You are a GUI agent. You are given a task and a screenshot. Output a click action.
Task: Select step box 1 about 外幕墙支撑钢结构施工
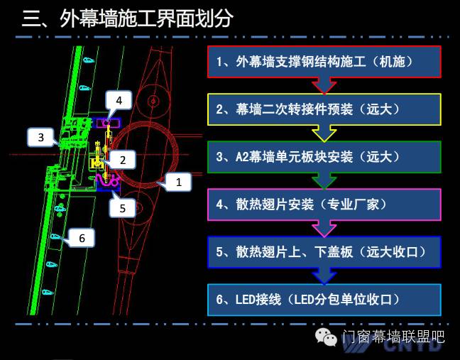[x=324, y=62]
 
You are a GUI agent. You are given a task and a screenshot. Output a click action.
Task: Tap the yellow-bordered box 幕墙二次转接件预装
[x=324, y=109]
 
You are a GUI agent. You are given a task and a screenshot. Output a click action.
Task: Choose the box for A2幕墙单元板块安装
[x=324, y=157]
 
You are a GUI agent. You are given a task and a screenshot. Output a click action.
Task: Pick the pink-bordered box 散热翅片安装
[x=324, y=204]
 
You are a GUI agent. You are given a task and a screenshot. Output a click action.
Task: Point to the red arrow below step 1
[x=324, y=85]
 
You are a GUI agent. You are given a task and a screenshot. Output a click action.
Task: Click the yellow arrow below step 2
[x=324, y=133]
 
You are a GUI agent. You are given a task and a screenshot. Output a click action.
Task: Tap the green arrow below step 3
[x=324, y=180]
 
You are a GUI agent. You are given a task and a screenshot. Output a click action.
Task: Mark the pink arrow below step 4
[x=324, y=228]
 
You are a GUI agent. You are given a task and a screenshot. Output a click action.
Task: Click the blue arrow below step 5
[x=324, y=276]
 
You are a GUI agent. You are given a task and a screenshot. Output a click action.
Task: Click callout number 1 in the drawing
[x=179, y=182]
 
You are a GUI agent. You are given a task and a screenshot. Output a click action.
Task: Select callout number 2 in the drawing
[x=122, y=160]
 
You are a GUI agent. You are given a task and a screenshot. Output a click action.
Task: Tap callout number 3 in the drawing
[x=41, y=137]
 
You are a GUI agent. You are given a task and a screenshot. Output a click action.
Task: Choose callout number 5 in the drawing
[x=123, y=208]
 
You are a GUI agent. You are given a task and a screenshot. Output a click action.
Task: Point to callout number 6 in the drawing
[x=82, y=239]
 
